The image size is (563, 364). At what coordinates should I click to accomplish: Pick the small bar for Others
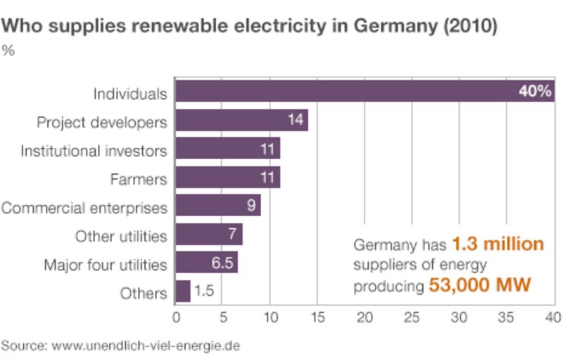tap(182, 291)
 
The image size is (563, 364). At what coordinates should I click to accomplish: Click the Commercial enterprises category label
tap(84, 208)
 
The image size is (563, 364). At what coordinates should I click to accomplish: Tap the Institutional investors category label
tap(94, 151)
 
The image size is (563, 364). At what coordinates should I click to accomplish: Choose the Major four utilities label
tap(106, 265)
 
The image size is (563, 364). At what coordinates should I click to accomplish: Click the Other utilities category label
tap(121, 236)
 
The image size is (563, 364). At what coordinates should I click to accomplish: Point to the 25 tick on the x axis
tap(412, 316)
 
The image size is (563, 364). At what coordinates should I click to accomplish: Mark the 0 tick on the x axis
tap(176, 316)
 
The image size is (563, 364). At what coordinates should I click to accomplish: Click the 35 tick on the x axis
tap(507, 316)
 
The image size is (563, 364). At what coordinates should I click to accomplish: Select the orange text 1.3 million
tap(498, 244)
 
